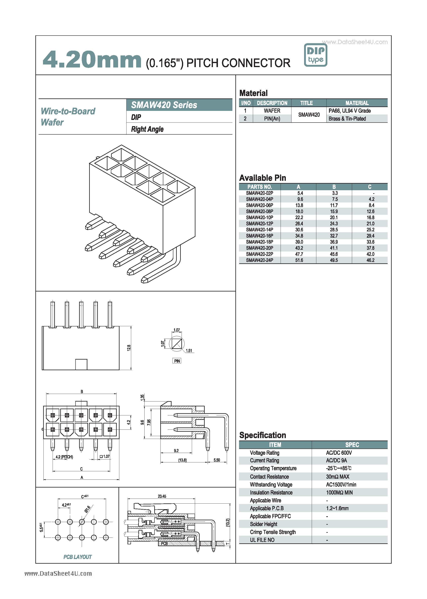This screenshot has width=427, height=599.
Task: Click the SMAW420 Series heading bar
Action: (x=179, y=105)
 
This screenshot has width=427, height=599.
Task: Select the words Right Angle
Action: (x=147, y=129)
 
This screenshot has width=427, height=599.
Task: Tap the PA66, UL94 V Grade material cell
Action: (x=349, y=111)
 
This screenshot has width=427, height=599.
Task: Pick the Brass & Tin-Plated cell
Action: (x=347, y=119)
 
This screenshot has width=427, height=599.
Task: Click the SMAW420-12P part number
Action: (x=259, y=224)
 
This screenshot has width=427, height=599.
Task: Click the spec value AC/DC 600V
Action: (x=339, y=453)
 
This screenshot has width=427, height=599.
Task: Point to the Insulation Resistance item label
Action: (x=271, y=492)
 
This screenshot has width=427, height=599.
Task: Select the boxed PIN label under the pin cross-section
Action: (x=177, y=361)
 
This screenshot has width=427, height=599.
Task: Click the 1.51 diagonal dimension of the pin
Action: (x=189, y=351)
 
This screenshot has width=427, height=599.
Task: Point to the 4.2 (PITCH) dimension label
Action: (x=64, y=457)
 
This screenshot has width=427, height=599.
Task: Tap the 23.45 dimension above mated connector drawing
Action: (x=162, y=496)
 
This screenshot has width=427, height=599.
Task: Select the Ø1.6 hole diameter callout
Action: (x=87, y=509)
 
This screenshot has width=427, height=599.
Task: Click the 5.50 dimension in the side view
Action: (x=217, y=460)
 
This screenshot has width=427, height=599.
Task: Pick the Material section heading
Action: (x=253, y=93)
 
